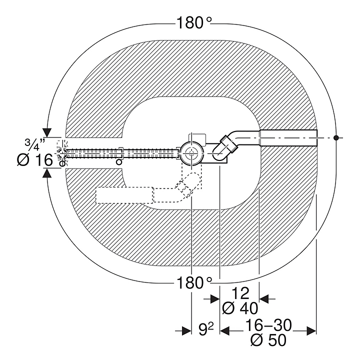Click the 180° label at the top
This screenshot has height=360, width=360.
(194, 23)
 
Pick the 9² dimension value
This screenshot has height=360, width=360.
(205, 329)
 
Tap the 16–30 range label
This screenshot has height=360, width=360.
(268, 325)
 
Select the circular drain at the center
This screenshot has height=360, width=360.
(190, 153)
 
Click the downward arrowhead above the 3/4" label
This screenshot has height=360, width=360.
(47, 132)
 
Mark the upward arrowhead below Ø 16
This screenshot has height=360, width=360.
(47, 173)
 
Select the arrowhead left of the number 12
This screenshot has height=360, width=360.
(215, 298)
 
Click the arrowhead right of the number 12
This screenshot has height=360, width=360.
(264, 298)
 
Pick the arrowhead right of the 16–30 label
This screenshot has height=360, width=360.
(311, 330)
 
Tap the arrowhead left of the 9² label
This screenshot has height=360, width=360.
(186, 330)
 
